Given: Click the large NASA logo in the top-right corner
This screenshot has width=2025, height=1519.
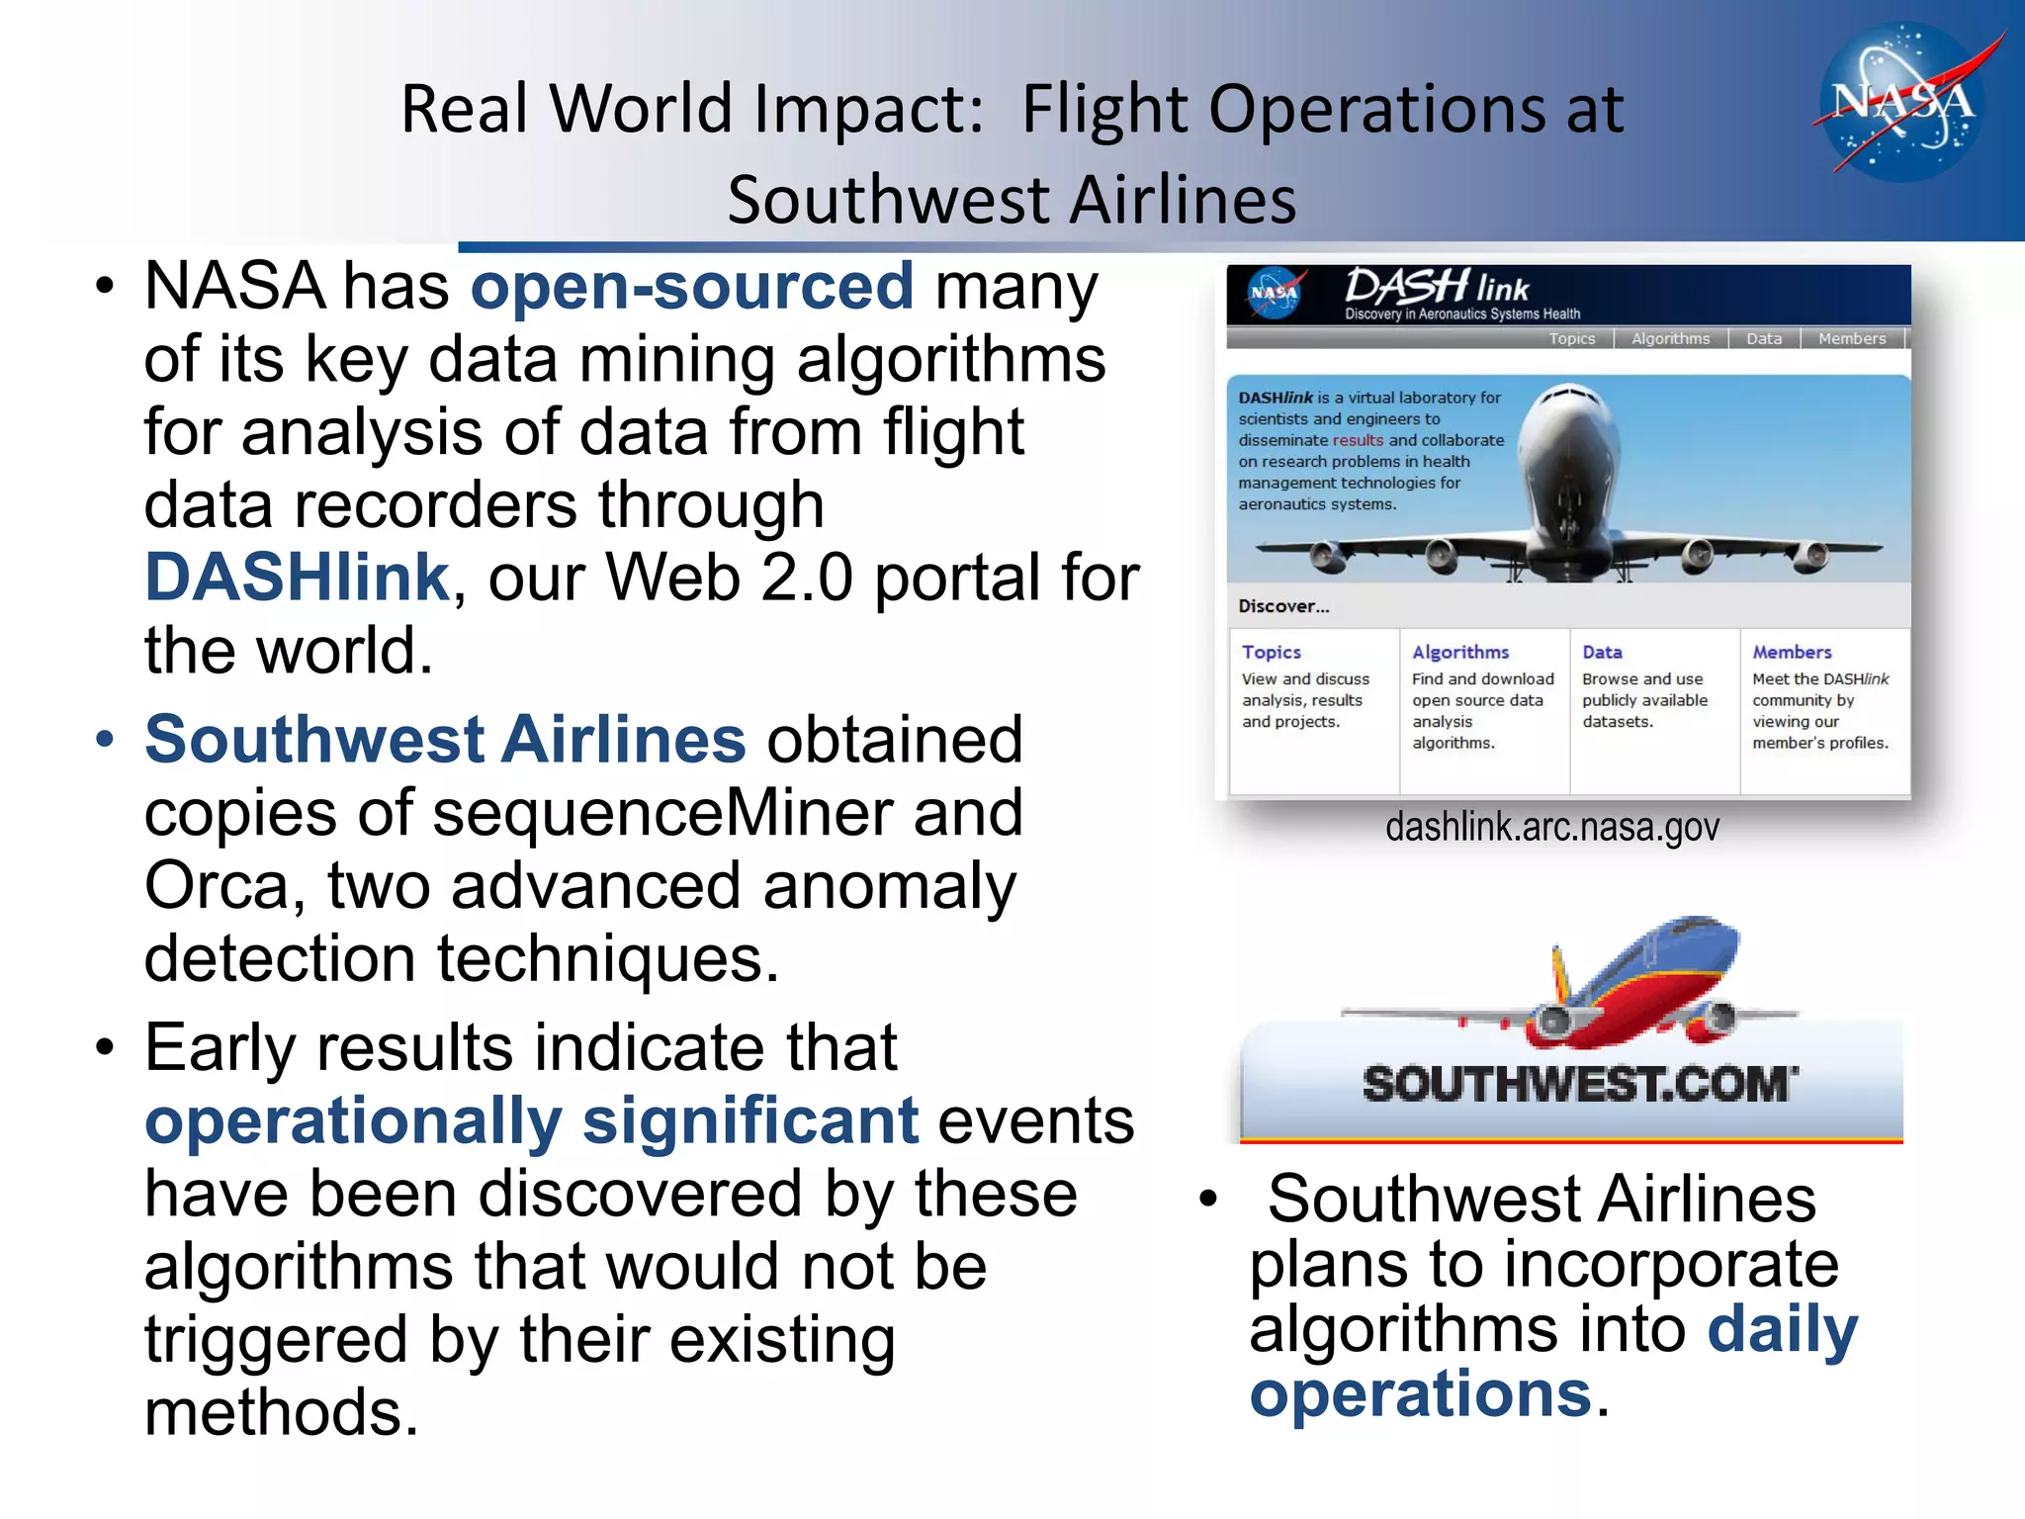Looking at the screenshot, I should tap(1902, 102).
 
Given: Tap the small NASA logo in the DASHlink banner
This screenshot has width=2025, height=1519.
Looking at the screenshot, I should tap(1274, 294).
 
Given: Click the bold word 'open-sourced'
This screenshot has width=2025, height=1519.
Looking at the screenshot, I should tap(692, 287).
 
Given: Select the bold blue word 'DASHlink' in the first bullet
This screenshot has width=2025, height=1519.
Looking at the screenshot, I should tap(298, 578).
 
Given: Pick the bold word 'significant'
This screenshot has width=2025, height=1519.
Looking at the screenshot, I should tap(750, 1121).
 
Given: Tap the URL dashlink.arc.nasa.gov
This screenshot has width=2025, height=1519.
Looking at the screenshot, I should tap(1551, 827).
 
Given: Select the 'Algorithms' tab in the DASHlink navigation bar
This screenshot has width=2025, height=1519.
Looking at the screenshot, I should tap(1670, 338).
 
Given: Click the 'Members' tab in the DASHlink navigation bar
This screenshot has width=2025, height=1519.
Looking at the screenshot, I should tap(1851, 338).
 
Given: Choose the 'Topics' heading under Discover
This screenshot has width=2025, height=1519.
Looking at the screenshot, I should tap(1271, 653).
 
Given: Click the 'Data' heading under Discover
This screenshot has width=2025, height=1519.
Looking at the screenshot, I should tap(1602, 653).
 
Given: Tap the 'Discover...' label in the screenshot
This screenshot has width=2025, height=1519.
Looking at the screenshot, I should tap(1283, 606).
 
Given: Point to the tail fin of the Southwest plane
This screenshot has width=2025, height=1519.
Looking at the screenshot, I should tap(1562, 974).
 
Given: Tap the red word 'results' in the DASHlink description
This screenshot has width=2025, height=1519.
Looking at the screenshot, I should tap(1358, 440).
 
